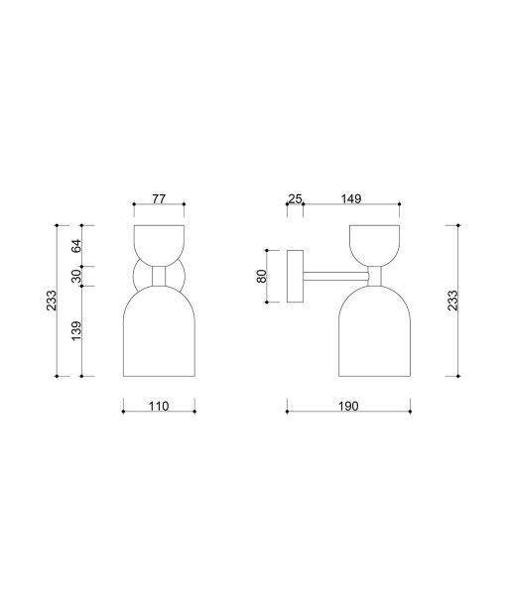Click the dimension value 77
click(159, 198)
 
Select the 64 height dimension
click(77, 246)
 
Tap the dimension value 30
click(77, 276)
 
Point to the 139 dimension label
click(77, 330)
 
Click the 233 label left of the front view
click(52, 301)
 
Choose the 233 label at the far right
click(452, 301)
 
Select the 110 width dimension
click(159, 406)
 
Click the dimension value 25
click(295, 198)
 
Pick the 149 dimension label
click(351, 198)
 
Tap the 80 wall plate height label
click(262, 276)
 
